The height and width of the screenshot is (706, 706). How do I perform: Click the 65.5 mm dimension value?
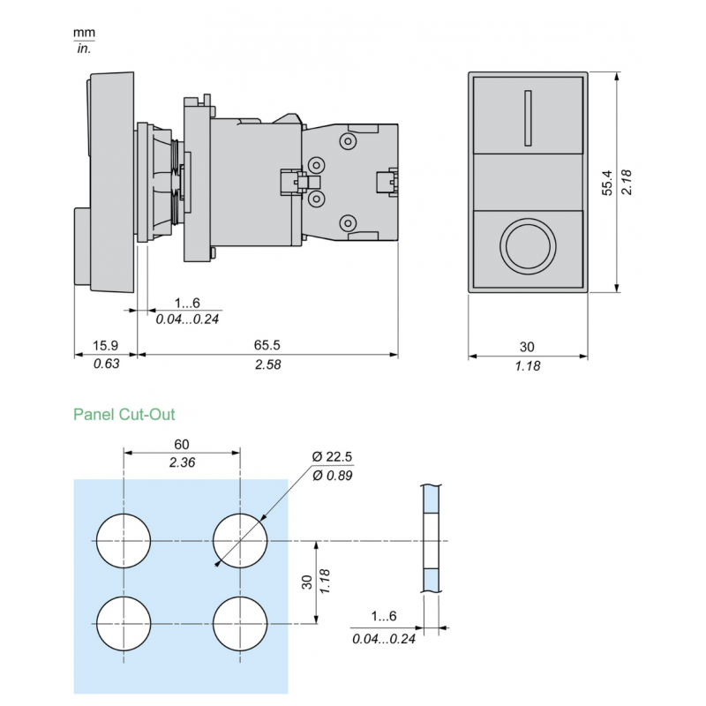(x=267, y=346)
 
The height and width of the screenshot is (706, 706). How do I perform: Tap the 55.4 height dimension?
(x=607, y=182)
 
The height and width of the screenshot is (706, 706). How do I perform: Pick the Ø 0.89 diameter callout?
(x=334, y=477)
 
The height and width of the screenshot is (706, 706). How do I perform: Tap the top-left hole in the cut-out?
(x=124, y=539)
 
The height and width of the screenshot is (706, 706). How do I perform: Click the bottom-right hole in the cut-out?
(x=240, y=623)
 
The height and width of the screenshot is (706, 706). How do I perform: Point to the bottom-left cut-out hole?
(x=124, y=623)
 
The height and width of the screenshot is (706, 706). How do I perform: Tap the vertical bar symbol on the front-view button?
(x=527, y=117)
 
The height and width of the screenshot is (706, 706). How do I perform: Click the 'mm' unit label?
(x=85, y=33)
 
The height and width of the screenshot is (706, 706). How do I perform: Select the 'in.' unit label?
(x=85, y=48)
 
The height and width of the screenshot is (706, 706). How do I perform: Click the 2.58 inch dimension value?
(x=267, y=364)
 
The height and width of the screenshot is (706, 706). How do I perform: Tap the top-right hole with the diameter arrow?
(x=240, y=539)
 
